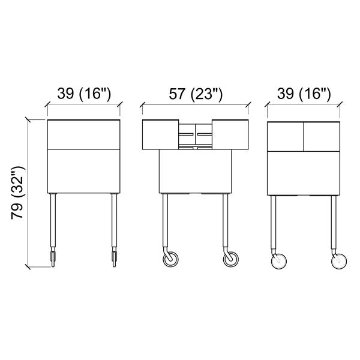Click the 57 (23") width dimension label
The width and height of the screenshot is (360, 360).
196,94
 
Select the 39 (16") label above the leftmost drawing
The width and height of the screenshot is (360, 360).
84,94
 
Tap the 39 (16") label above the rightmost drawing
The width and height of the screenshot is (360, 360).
304,94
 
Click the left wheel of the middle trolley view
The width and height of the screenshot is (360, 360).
170,259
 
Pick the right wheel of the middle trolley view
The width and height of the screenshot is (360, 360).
231,259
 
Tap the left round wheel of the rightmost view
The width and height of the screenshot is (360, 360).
279,261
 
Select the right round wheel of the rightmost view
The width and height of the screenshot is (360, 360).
339,261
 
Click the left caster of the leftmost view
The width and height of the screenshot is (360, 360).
53,257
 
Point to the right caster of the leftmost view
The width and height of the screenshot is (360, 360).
114,257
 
